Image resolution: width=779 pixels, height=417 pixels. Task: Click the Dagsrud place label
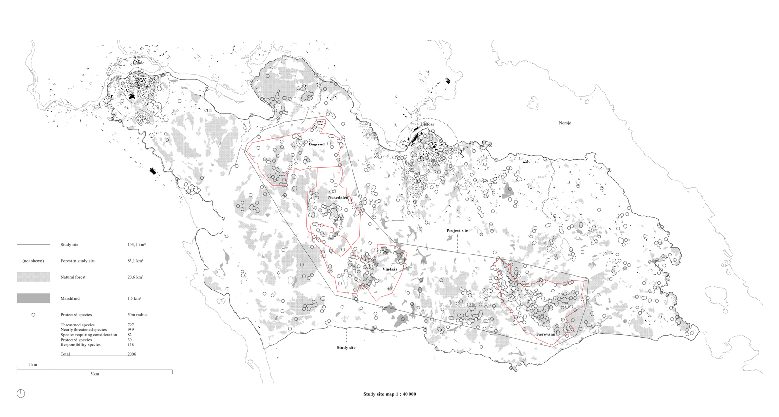316,144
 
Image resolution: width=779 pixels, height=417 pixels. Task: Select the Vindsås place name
389,269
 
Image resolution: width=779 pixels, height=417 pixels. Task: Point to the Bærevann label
545,335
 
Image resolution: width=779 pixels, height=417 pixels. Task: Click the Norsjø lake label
565,123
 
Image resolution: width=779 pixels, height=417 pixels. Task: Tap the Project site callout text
457,230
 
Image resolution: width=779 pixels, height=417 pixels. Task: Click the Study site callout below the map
346,348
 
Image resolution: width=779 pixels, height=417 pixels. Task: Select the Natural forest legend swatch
33,277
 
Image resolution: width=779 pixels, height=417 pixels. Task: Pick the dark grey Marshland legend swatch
33,298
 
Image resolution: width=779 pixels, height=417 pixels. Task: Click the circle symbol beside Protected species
33,315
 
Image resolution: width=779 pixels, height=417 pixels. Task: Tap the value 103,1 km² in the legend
136,245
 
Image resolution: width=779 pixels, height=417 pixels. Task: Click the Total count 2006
131,354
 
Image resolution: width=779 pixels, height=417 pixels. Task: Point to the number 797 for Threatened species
130,325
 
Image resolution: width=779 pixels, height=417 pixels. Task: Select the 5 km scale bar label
95,374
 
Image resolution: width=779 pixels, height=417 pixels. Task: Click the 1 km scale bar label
32,365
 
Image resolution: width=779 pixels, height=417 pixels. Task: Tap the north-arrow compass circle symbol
21,393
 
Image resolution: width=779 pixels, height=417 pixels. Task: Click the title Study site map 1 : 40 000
389,394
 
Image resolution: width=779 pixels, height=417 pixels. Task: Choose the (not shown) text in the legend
33,261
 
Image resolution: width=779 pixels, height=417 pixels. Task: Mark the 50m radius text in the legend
137,315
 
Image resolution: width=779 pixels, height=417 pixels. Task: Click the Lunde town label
139,63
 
